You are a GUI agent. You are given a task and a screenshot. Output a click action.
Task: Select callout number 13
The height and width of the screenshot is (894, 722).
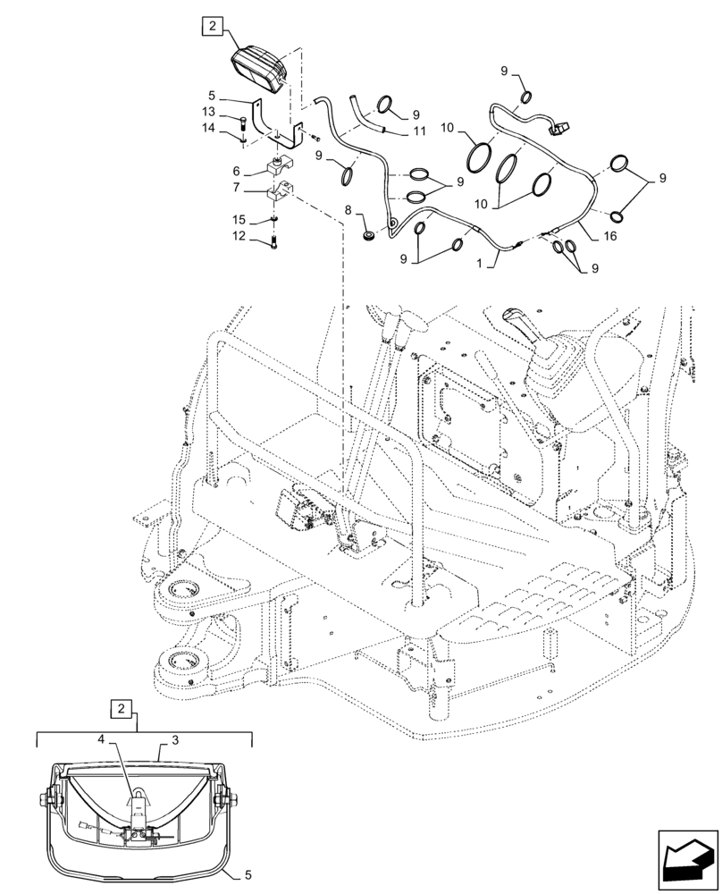click(x=208, y=112)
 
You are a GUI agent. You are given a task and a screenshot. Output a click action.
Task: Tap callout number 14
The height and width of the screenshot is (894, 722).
click(x=208, y=129)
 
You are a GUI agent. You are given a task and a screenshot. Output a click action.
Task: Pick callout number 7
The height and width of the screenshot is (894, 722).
click(x=211, y=190)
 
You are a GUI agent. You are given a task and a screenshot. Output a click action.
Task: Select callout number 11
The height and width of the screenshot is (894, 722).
click(x=418, y=131)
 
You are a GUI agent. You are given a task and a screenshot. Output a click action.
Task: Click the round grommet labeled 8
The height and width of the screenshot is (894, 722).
click(x=369, y=237)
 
